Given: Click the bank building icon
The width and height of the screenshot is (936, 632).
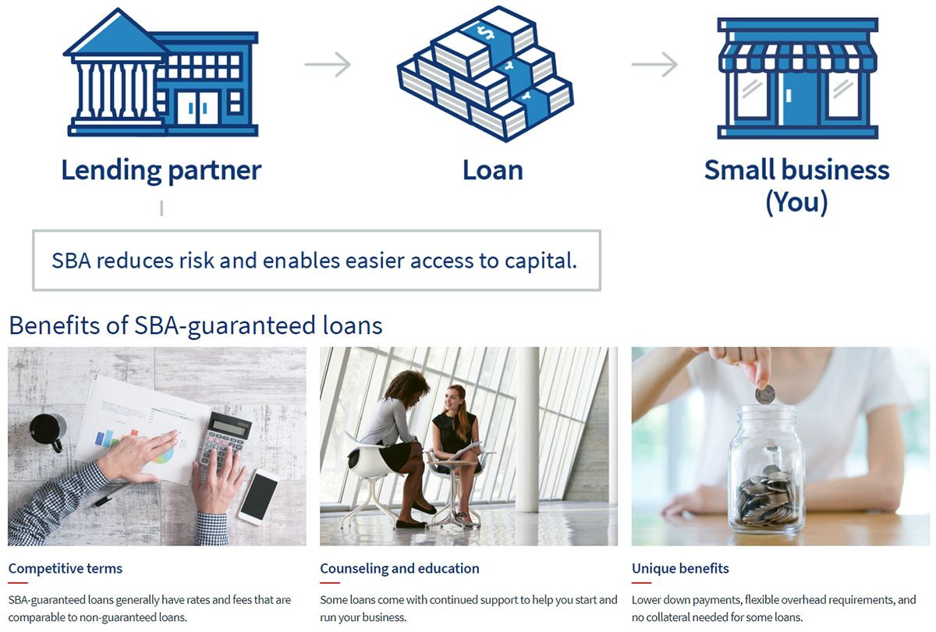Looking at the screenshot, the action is click(161, 73).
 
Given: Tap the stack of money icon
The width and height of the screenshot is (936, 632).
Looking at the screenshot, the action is click(485, 74).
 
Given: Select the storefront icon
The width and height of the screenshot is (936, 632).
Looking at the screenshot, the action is click(798, 78).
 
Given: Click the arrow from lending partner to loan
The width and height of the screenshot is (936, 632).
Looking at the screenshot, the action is click(328, 64).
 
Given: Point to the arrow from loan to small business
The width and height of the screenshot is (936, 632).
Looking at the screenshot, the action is click(654, 64).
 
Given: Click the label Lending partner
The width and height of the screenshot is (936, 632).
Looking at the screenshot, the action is click(161, 171).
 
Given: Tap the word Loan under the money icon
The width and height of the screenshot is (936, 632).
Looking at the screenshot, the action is click(493, 170).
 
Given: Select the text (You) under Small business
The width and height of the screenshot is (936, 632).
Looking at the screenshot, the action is click(796, 203).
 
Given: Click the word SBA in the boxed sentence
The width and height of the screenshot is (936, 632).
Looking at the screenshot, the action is click(71, 261).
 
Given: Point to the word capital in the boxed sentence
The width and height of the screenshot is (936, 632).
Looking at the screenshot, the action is click(541, 261).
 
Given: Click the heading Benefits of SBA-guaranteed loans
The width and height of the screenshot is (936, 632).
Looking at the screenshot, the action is click(196, 325).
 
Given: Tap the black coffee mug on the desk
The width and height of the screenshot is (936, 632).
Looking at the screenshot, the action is click(48, 431).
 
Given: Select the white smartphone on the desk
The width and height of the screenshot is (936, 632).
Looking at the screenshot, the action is click(259, 496).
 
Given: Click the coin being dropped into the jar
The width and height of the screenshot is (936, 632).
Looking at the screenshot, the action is click(764, 394).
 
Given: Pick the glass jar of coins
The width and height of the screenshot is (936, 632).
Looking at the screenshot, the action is click(767, 470).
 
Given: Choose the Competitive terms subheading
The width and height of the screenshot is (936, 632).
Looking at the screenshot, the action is click(66, 569).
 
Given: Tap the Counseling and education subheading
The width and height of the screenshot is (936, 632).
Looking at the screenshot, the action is click(399, 569).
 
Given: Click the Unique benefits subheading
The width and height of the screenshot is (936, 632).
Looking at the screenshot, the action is click(680, 569).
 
